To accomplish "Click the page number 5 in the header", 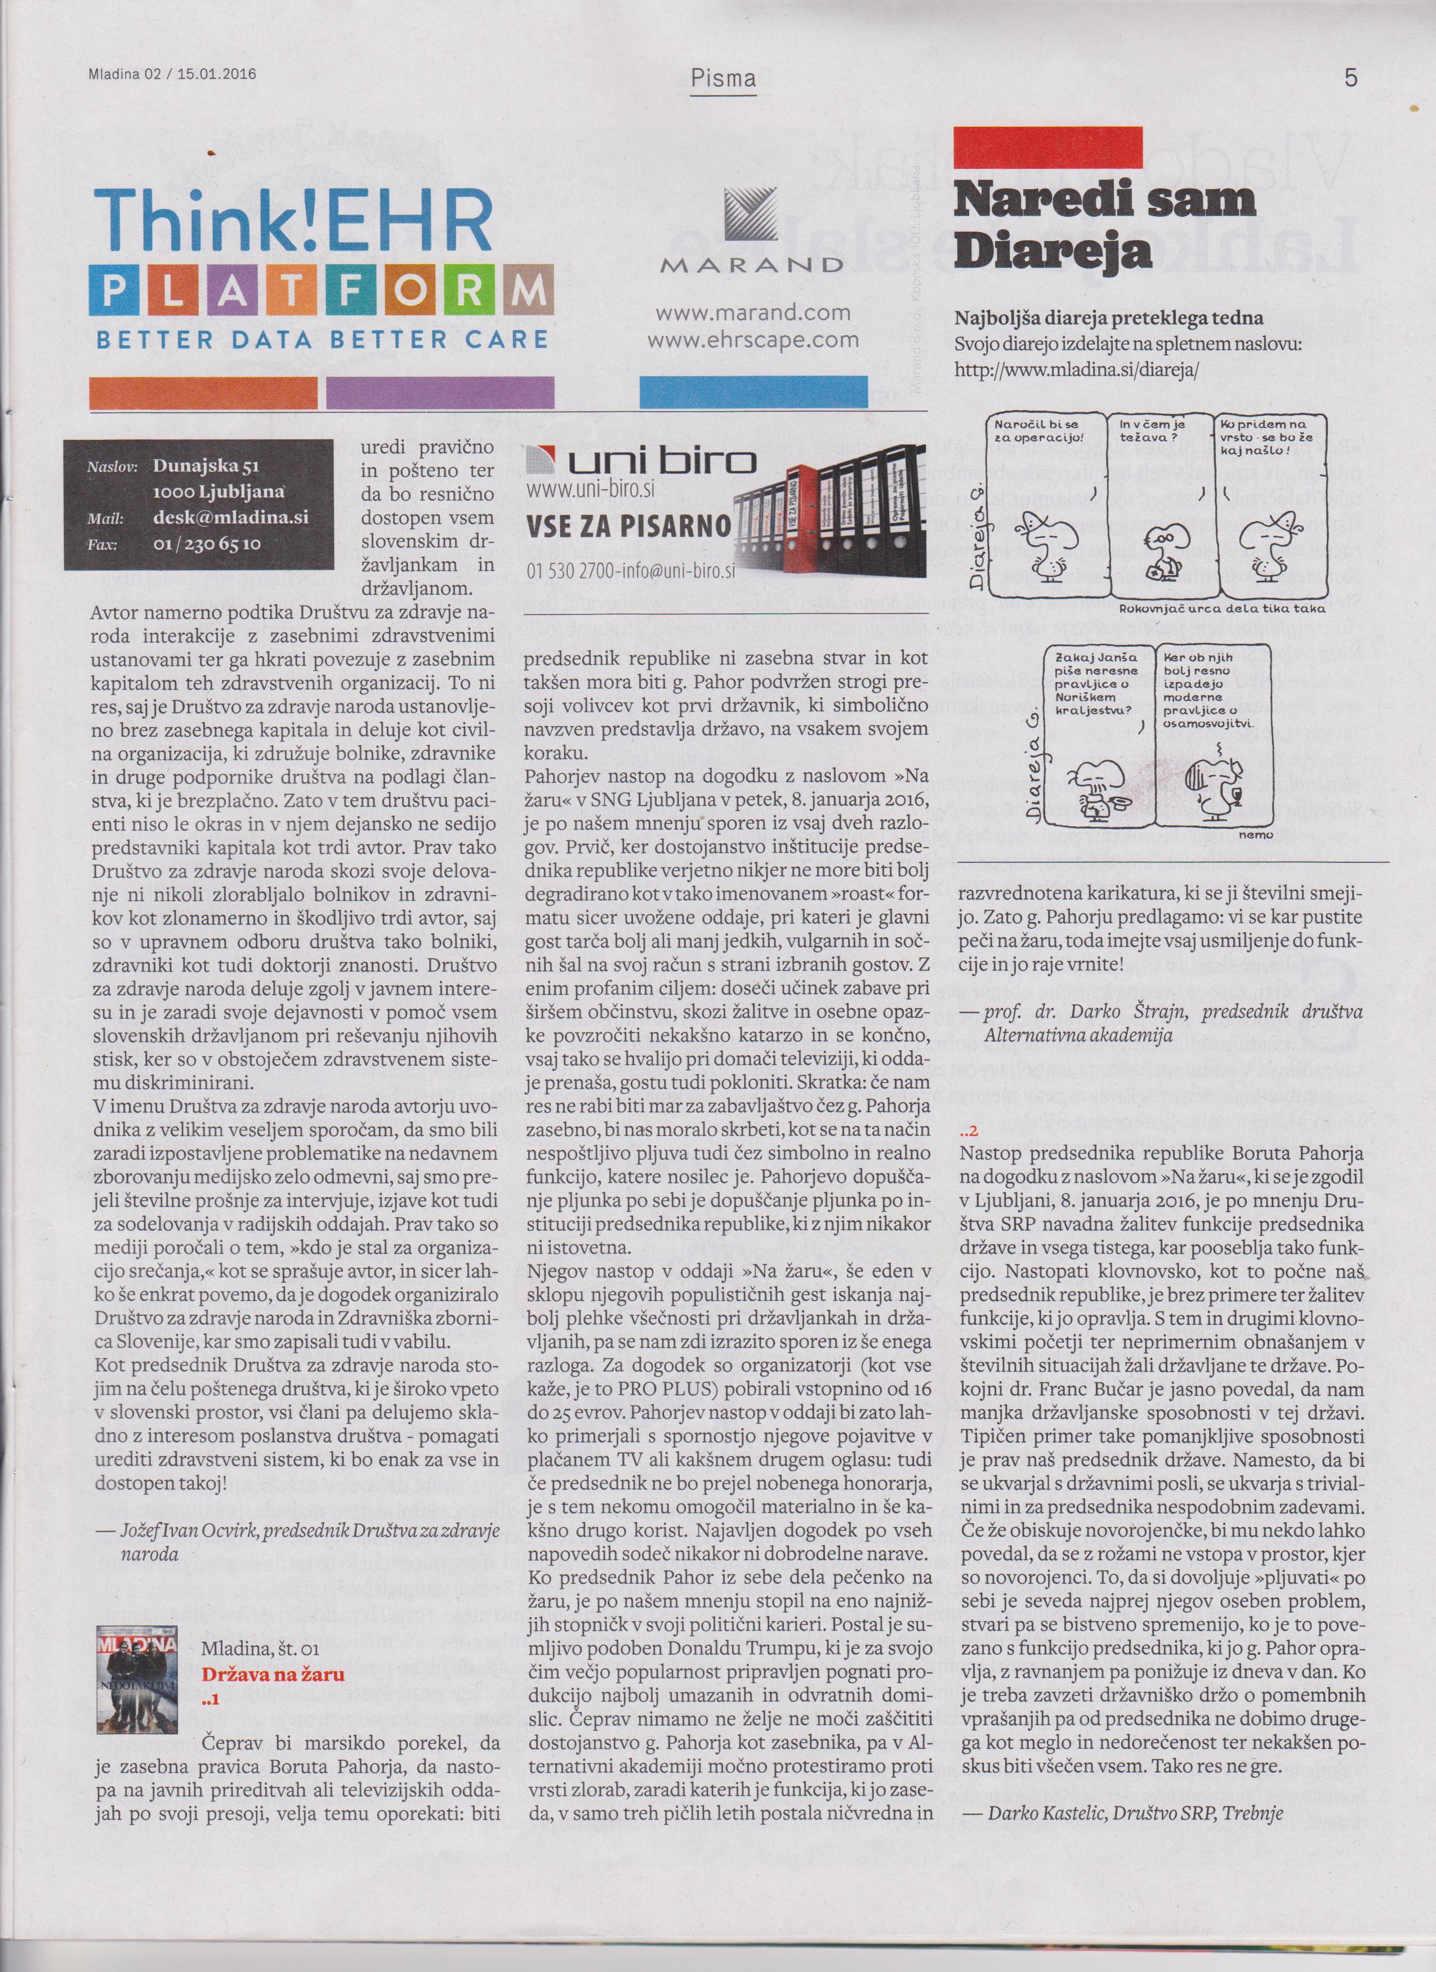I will tap(1350, 77).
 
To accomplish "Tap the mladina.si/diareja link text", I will tap(1077, 370).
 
